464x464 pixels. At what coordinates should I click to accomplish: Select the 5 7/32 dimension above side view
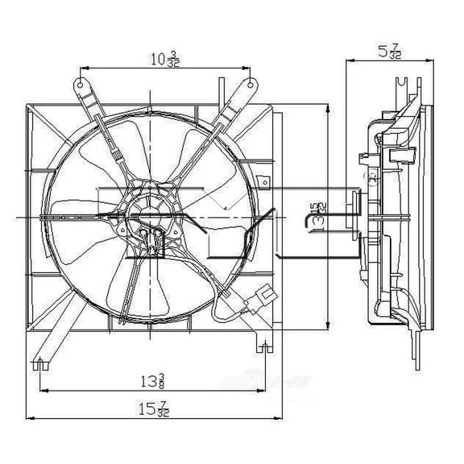pyautogui.click(x=386, y=50)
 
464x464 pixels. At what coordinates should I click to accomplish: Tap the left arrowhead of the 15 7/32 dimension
pyautogui.click(x=29, y=419)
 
